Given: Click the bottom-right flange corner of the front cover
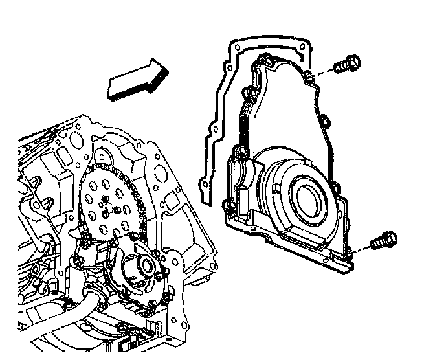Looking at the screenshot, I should tap(347, 262).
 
